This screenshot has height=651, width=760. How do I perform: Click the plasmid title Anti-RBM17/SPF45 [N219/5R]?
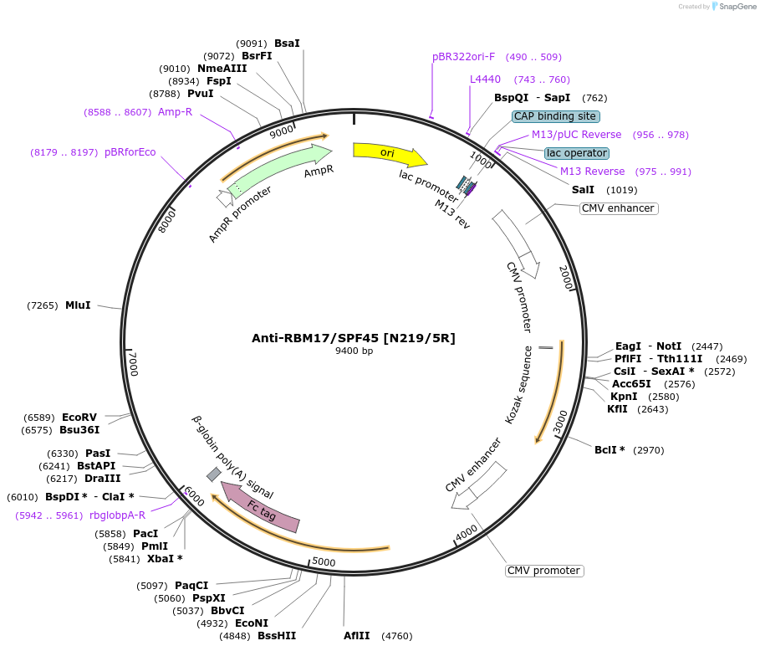tap(354, 338)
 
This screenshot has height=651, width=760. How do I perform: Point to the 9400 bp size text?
tap(354, 351)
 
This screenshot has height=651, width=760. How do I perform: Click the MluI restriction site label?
tap(78, 305)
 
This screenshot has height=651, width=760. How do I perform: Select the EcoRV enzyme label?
tap(79, 417)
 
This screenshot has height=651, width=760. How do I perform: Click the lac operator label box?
tap(576, 153)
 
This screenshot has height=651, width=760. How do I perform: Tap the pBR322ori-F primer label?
tap(463, 57)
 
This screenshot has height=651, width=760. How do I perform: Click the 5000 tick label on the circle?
tap(323, 562)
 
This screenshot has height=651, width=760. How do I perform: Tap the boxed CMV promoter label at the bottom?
tap(543, 571)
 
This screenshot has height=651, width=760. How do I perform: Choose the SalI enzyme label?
tap(583, 190)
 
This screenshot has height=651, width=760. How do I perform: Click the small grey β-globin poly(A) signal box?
tap(214, 474)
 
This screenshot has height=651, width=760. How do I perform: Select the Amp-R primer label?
tap(175, 111)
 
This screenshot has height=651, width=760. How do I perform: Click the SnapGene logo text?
tap(735, 6)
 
